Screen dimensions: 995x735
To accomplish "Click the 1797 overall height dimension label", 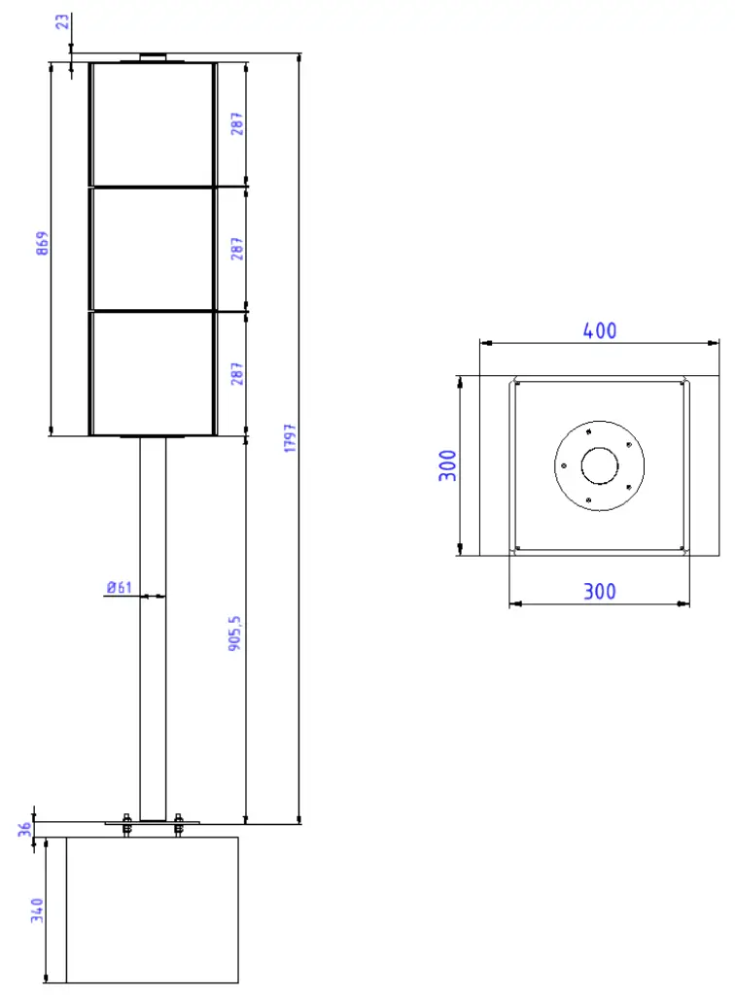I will [x=290, y=439].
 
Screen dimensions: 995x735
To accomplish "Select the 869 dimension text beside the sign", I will [x=42, y=244].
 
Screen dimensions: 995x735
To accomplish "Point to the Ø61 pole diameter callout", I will [x=119, y=587].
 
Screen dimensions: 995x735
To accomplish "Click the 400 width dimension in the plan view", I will [x=599, y=330].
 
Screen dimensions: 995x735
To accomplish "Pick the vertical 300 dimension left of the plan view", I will [x=447, y=466].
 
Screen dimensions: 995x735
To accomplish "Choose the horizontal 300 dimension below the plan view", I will [x=599, y=592].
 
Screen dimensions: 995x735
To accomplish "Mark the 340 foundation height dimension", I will [x=37, y=911].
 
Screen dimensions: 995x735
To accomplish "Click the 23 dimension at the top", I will [x=63, y=21].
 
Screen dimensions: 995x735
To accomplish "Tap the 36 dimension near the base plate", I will [x=25, y=828].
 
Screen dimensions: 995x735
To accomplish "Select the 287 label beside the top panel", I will [x=237, y=123].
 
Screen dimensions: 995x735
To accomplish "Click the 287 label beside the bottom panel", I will [x=237, y=374].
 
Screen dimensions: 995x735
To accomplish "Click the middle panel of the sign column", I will [x=152, y=249].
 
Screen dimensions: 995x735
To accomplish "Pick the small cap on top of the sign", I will [x=153, y=58].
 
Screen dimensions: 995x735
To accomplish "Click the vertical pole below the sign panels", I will [x=153, y=632].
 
